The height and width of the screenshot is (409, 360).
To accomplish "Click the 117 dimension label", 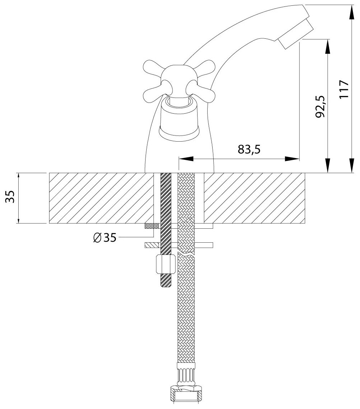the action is [343, 90].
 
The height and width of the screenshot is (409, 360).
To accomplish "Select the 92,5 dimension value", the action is [320, 106].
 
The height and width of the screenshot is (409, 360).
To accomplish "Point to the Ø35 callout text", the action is [104, 237].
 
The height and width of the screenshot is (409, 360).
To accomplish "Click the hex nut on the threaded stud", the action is [165, 264].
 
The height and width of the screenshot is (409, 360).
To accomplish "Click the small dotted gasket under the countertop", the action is [152, 225].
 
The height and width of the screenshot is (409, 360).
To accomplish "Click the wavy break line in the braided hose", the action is [186, 254].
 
